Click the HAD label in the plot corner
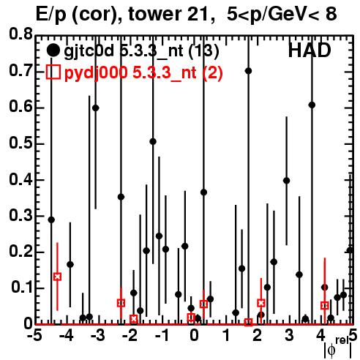pos(310,50)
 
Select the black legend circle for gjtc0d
pos(53,50)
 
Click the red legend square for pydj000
pos(53,72)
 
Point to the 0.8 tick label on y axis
pos(21,34)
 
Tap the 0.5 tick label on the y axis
pos(21,143)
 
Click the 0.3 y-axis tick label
pos(21,216)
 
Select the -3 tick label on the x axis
pos(98,336)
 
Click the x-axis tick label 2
pos(258,336)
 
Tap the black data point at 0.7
pos(248,71)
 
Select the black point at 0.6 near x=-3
pos(96,108)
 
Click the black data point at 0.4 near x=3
pos(287,181)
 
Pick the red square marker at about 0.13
pos(57,277)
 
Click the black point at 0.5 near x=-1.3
pos(153,141)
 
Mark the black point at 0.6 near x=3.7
pos(312,105)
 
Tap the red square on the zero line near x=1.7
pos(248,322)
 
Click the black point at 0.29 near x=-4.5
pos(51,220)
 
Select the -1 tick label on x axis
pos(162,336)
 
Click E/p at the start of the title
pos(51,15)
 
